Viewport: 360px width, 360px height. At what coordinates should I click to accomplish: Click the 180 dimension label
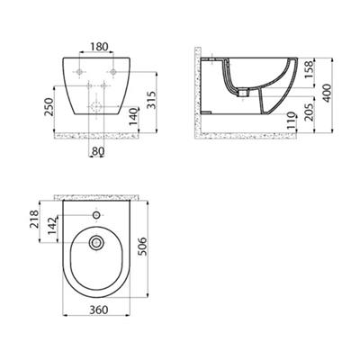[x=99, y=47]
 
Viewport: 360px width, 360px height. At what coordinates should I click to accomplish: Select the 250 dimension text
[x=49, y=107]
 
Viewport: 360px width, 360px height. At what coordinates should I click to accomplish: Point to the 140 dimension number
[x=135, y=116]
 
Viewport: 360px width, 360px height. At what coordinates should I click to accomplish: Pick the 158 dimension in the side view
[x=309, y=69]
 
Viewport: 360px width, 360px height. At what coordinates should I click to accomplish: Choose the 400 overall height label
[x=327, y=93]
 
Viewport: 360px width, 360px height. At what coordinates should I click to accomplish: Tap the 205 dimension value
[x=309, y=112]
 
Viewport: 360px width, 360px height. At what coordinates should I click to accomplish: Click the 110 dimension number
[x=292, y=120]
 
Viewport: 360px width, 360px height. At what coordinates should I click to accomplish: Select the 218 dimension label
[x=34, y=219]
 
